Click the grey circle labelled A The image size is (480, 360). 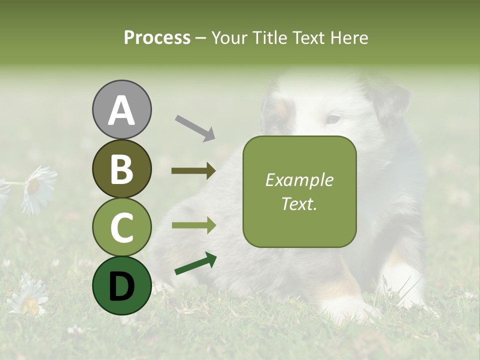click(x=121, y=109)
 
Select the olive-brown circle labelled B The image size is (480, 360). click(x=121, y=168)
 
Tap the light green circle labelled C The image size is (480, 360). click(x=121, y=227)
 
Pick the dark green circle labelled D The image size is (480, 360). click(x=121, y=285)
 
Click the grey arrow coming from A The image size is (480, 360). click(x=195, y=127)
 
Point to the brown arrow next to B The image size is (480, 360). click(x=193, y=171)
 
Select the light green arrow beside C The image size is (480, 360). click(x=193, y=225)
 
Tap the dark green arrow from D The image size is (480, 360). click(x=195, y=264)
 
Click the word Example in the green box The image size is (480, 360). click(x=299, y=180)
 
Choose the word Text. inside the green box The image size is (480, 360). click(x=299, y=203)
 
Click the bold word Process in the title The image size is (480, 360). click(x=157, y=38)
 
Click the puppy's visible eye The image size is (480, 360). click(x=333, y=119)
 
